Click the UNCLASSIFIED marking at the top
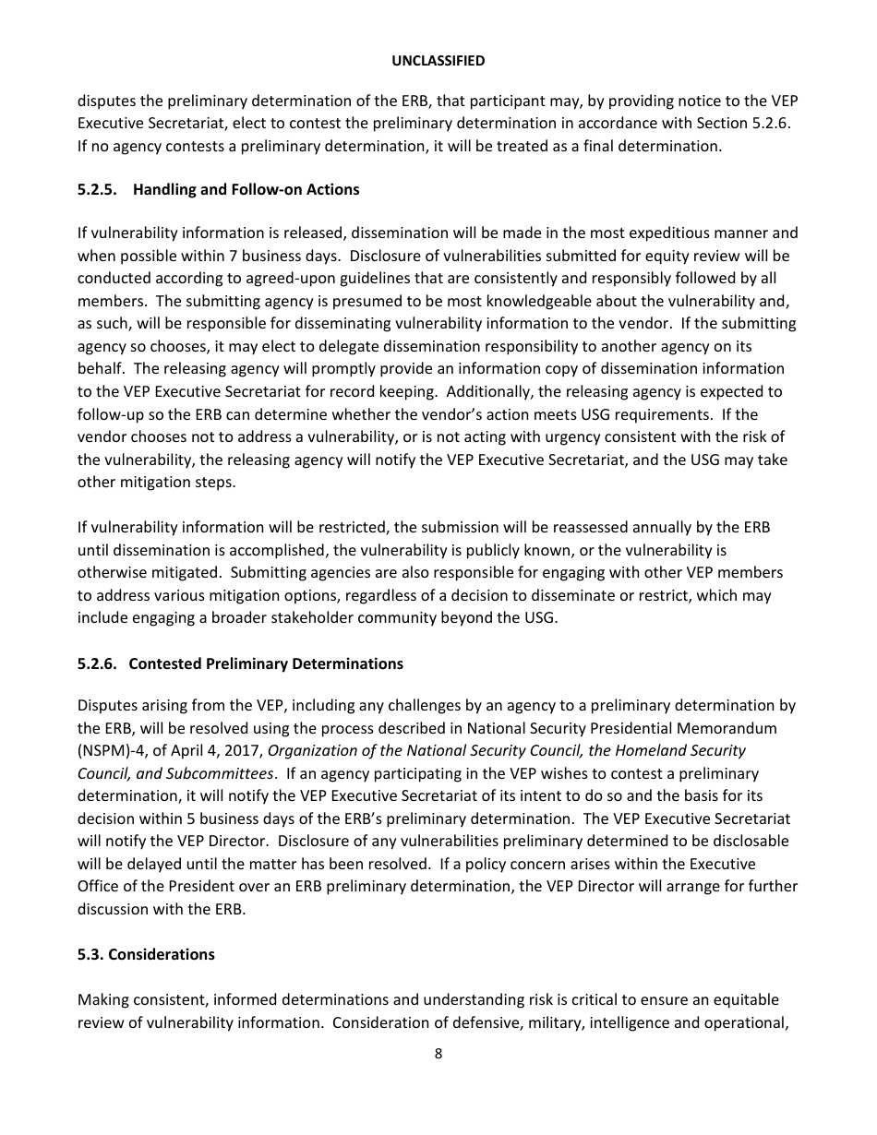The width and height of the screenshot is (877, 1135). [x=438, y=60]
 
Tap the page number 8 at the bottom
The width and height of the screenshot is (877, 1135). [x=438, y=1054]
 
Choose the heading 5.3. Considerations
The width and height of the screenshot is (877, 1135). [x=146, y=954]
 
